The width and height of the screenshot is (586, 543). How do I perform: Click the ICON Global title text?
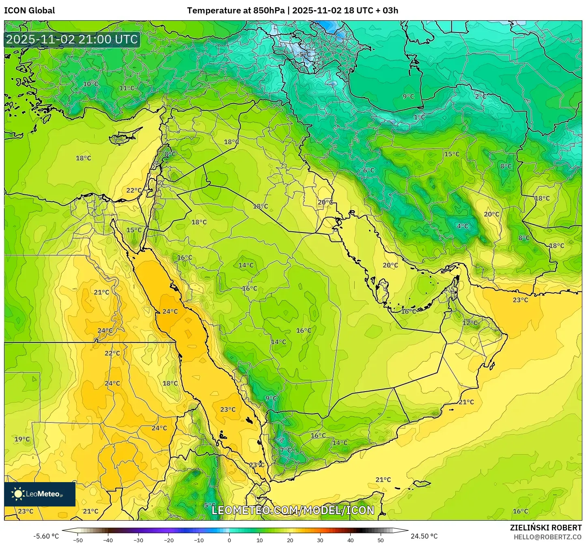[29, 11]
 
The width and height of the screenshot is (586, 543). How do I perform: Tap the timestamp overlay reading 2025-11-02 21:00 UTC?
[72, 39]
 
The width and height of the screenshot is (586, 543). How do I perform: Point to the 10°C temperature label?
[90, 84]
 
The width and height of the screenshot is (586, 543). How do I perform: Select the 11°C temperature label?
[127, 88]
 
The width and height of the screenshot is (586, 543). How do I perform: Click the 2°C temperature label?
[480, 97]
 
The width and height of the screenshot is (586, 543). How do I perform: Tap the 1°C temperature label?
[419, 117]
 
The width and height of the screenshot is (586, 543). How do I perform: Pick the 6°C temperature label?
[368, 170]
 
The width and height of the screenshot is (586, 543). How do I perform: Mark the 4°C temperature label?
[463, 226]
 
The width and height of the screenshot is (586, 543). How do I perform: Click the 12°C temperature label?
[470, 323]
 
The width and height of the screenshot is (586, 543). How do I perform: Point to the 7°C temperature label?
[285, 450]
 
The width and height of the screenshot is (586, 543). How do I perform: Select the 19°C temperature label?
[22, 439]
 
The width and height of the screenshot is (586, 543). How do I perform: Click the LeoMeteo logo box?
[40, 494]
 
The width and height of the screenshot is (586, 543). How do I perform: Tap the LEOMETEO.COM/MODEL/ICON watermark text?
[293, 510]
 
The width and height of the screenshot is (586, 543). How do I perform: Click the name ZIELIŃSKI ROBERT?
[545, 528]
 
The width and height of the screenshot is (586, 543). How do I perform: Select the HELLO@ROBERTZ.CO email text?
[547, 537]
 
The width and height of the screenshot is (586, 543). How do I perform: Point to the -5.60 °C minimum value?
[46, 536]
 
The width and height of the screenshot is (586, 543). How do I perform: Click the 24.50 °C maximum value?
[424, 536]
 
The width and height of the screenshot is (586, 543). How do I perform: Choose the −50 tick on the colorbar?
[78, 540]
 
